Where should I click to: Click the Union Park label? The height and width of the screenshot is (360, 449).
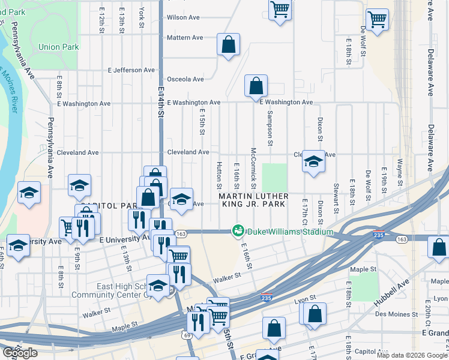point(58,47)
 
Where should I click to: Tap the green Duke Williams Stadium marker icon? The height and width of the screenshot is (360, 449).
point(238,231)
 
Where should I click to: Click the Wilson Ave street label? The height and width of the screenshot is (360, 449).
point(183,17)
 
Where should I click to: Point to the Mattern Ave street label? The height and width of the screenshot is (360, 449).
point(185,38)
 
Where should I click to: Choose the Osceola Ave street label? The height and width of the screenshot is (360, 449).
point(185,79)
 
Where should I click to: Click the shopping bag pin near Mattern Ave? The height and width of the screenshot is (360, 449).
point(228,44)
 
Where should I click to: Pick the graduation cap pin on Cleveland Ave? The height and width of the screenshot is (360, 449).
point(313,161)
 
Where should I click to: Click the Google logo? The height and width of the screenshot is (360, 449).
point(20,353)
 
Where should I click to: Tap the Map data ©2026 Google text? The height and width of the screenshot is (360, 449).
point(412,355)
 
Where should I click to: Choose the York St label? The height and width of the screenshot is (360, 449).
point(142,18)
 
